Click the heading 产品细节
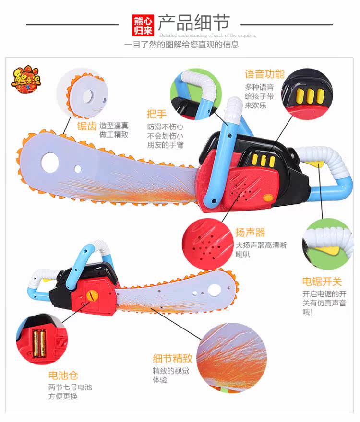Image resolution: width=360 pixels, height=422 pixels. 194,22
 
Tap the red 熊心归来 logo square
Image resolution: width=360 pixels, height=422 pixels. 143,25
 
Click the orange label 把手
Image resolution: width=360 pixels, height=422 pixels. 157,114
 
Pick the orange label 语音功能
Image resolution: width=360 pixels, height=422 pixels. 264,74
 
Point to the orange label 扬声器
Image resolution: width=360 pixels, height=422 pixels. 250,233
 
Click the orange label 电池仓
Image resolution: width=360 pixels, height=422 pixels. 63,375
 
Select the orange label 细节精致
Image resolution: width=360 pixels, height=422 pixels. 173,358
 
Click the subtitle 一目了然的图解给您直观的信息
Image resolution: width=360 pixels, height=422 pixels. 181,45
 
